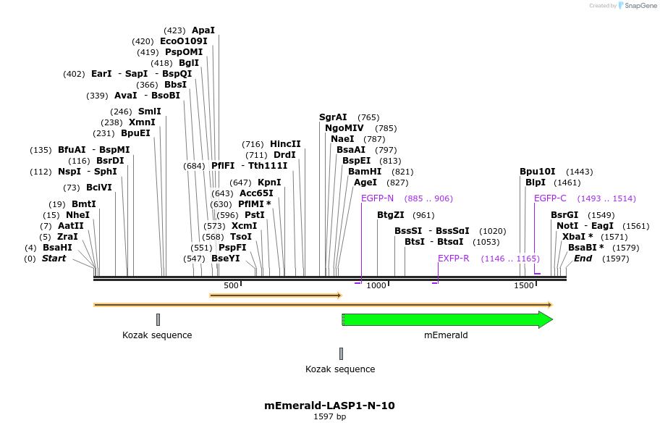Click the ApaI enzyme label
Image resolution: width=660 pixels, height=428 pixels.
[x=203, y=30]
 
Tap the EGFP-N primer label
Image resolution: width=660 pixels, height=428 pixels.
[x=377, y=198]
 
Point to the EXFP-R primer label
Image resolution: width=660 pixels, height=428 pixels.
[x=454, y=259]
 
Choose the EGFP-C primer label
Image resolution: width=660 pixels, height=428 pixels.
[x=550, y=198]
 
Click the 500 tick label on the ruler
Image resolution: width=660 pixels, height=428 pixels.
[x=231, y=285]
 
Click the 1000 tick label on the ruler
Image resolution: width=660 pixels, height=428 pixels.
[x=377, y=285]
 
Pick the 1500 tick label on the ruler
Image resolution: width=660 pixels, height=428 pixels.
[x=524, y=285]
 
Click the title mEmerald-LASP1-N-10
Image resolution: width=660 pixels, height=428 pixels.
[x=329, y=406]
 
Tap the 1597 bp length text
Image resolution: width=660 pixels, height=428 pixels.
[x=329, y=417]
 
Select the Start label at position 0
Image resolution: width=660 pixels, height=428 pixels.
[x=54, y=259]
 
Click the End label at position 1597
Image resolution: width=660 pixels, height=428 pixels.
[x=583, y=259]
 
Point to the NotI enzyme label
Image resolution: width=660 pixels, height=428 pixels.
[x=567, y=226]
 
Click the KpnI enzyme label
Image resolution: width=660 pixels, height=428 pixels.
[x=269, y=182]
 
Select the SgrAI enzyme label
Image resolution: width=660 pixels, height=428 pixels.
[x=333, y=117]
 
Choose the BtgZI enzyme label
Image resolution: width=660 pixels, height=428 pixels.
[x=391, y=215]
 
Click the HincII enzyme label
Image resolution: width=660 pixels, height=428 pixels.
[x=285, y=144]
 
